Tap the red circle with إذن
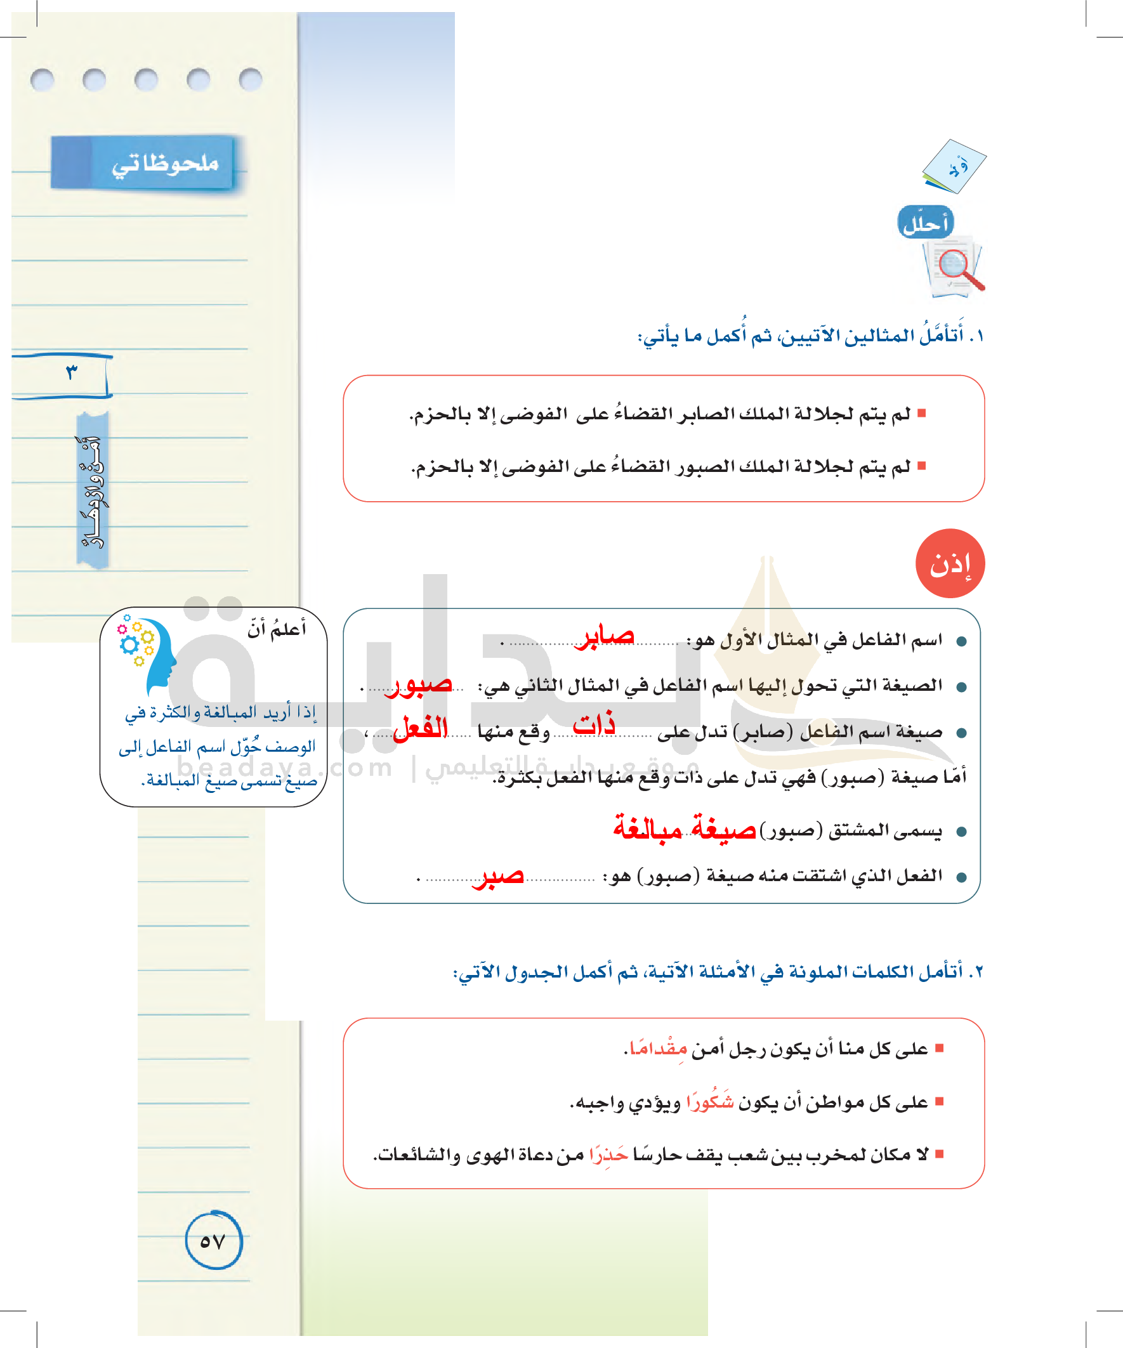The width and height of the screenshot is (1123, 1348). coord(950,563)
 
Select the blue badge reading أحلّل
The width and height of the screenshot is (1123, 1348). coord(925,223)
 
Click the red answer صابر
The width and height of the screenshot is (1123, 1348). coord(607,636)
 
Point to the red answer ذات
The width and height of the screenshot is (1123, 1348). coord(594,724)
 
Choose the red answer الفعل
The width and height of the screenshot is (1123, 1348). coord(421,728)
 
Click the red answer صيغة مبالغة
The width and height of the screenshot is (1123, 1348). coord(684,828)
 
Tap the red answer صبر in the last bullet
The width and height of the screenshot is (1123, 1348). coord(498,875)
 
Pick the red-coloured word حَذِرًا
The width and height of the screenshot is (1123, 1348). coord(608,1155)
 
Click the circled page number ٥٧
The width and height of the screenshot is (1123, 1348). coord(213,1241)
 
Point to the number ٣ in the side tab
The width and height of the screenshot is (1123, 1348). coord(71,372)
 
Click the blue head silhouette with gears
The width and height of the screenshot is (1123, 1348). coord(151,651)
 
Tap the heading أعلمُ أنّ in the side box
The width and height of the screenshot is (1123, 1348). coord(277,629)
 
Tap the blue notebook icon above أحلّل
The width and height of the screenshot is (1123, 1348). coord(954,166)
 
